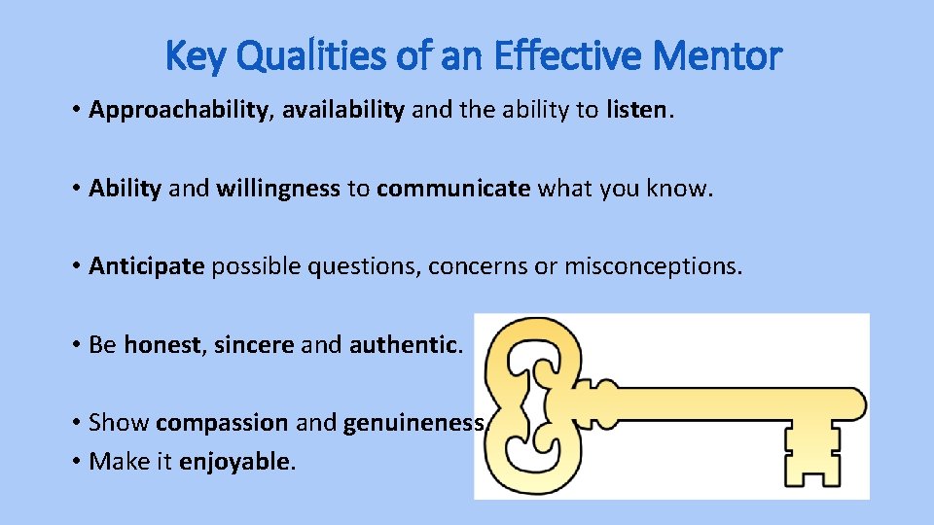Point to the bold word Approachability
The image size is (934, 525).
point(177,110)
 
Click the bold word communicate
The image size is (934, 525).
point(453,188)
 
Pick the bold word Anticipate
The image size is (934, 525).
point(146,265)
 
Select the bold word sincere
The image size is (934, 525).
point(253,344)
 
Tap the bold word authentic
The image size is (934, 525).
point(403,344)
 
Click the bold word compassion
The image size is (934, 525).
point(221,423)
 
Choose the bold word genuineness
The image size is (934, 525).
point(413,423)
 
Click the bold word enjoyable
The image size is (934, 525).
point(234,461)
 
